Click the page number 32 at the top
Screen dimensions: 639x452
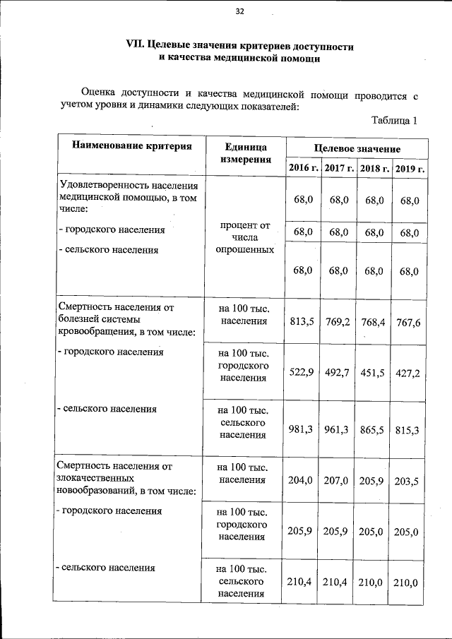click(x=239, y=11)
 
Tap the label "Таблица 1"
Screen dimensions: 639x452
click(x=395, y=120)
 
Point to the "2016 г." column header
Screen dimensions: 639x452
click(x=303, y=168)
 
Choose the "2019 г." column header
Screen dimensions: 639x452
click(x=410, y=168)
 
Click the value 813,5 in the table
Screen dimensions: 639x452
click(x=303, y=322)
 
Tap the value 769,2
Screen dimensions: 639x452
click(x=338, y=322)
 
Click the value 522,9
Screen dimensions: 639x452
click(x=303, y=373)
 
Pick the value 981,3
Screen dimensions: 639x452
click(x=303, y=429)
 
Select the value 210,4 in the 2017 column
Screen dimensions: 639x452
click(x=338, y=582)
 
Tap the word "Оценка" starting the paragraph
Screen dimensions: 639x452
click(x=98, y=92)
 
